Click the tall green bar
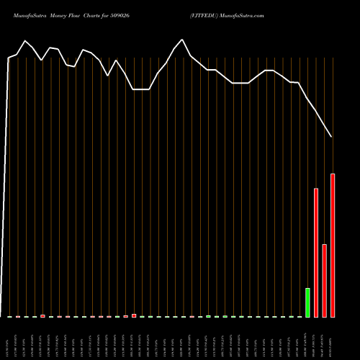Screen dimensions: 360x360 tap(307, 302)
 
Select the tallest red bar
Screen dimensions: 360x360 tap(333, 245)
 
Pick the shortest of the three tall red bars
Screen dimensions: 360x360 tap(324, 281)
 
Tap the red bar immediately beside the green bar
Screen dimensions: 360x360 tap(316, 252)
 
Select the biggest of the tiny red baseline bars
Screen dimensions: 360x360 tap(134, 315)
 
